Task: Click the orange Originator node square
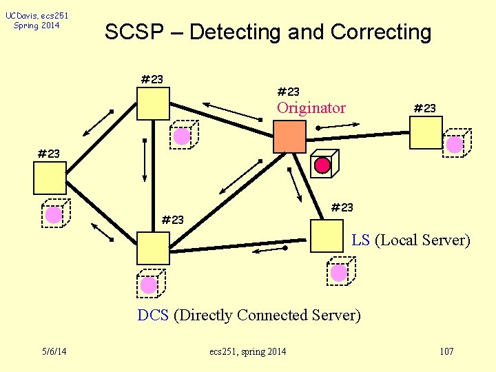click(289, 136)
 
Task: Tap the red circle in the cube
click(322, 165)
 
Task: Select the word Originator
click(311, 108)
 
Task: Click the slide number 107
click(446, 352)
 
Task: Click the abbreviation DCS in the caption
click(153, 316)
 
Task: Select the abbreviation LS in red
click(360, 240)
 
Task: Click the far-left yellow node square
click(50, 178)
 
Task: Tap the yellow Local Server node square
click(327, 236)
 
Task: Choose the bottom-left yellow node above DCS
click(152, 248)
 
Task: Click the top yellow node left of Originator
click(152, 104)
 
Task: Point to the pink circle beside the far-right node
click(455, 145)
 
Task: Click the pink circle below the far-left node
click(53, 215)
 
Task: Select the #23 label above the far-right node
click(424, 108)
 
